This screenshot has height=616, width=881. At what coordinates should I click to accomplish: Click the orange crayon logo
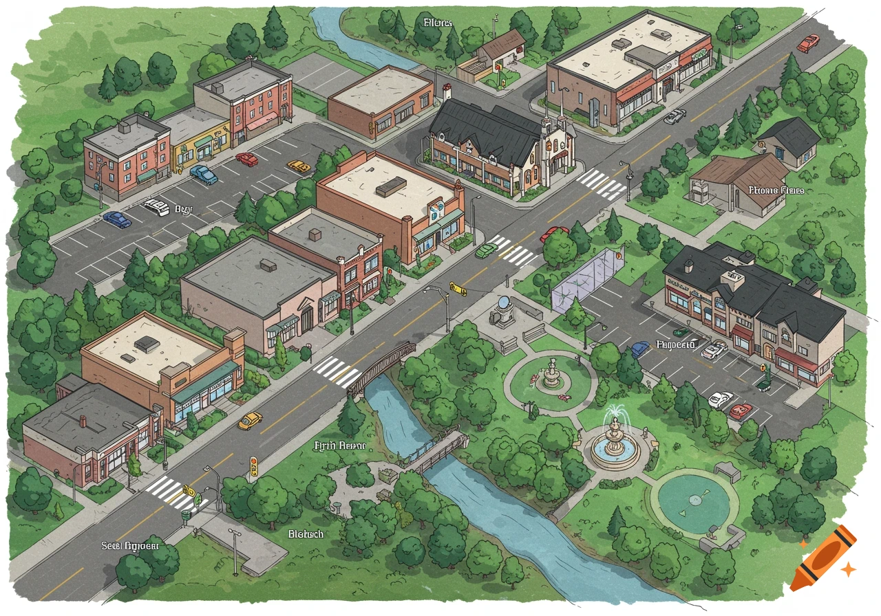pos(822,558)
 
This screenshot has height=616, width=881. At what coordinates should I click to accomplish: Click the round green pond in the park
pos(694,501)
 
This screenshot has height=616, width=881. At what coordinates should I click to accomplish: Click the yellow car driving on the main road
pos(251,420)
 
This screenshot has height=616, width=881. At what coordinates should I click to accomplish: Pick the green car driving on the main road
pos(487,249)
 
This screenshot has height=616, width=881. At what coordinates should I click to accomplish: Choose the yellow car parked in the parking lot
pos(298,166)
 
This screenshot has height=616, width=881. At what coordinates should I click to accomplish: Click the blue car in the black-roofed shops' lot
pos(640,349)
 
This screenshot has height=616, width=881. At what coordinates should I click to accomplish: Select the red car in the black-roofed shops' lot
pos(741,411)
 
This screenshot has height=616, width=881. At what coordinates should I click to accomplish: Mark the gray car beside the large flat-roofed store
pos(675,116)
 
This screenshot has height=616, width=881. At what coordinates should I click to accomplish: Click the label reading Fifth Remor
pos(340,446)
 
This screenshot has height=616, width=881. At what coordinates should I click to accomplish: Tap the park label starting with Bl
pos(306,533)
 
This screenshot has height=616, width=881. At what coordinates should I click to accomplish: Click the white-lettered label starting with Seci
pos(130,545)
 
